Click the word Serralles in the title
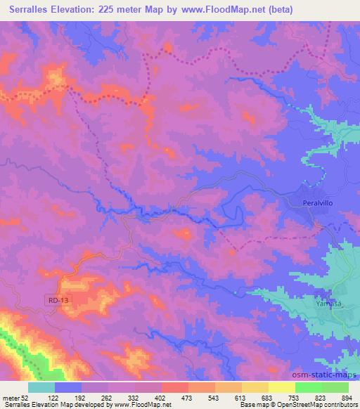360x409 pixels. tap(38, 10)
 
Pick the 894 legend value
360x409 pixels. tap(347, 398)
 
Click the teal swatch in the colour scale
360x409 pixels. tap(41, 387)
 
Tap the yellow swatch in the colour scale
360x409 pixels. tap(281, 387)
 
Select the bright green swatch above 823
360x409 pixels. tap(308, 387)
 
